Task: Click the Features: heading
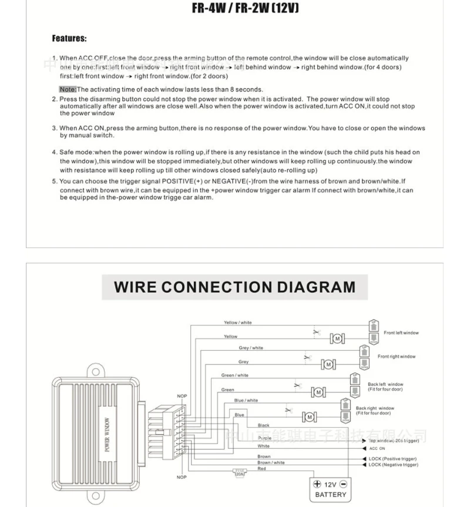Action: tap(69, 39)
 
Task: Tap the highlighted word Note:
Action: tap(68, 89)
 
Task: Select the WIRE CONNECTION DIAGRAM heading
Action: tap(234, 287)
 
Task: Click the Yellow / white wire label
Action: tap(237, 323)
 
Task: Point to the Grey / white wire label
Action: tap(251, 348)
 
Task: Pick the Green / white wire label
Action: tap(234, 375)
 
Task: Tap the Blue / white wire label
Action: tap(246, 401)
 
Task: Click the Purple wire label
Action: tap(264, 438)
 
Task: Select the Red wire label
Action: tap(262, 469)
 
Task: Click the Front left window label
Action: tap(401, 333)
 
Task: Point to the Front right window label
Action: tap(397, 357)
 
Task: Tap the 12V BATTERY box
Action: tap(330, 489)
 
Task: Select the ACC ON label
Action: tap(377, 448)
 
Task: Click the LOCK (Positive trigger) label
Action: tap(392, 459)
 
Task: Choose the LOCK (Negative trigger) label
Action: tap(393, 465)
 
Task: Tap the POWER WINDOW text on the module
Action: tap(108, 435)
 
